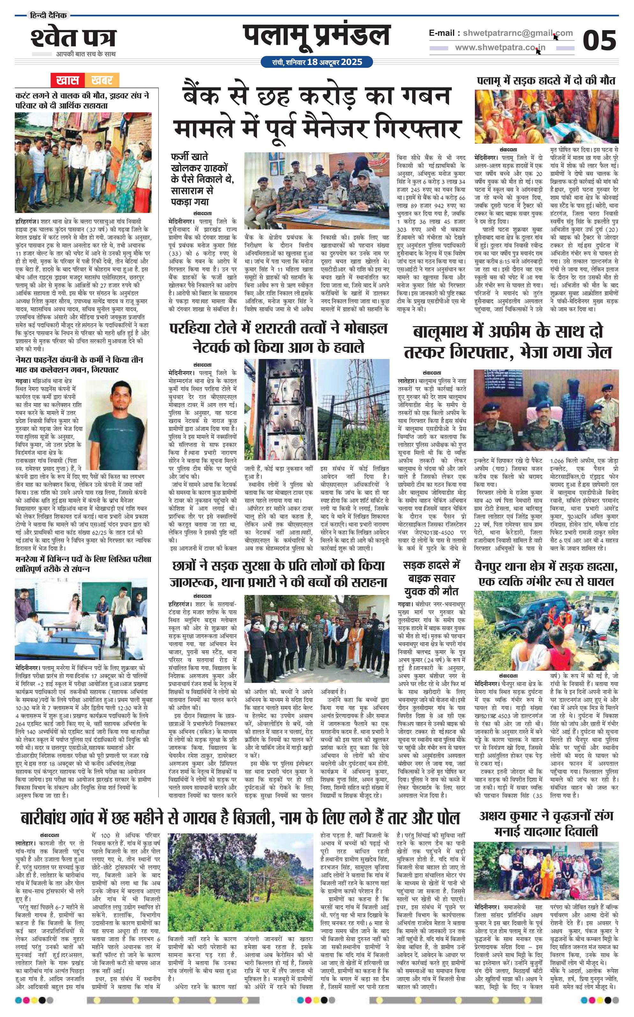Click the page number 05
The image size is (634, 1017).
(599, 41)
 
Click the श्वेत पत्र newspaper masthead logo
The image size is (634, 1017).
(73, 39)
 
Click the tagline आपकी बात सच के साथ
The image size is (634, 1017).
(86, 54)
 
